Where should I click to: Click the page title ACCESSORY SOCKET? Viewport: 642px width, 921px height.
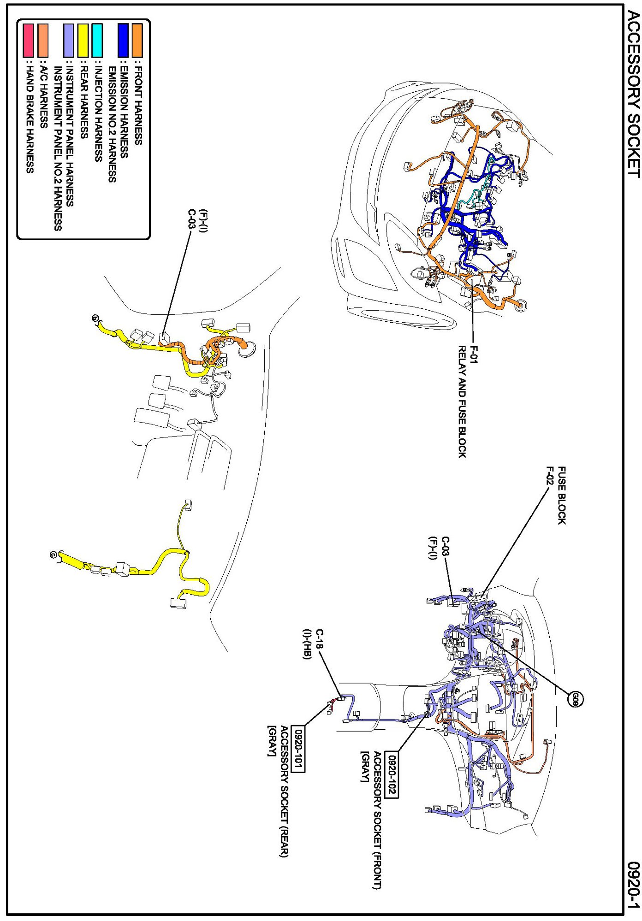point(634,94)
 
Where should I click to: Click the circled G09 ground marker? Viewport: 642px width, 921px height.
point(575,699)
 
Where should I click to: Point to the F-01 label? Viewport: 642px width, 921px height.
point(474,354)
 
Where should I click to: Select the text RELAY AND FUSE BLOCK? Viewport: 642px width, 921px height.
point(462,401)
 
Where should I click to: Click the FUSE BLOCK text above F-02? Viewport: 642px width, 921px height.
point(561,495)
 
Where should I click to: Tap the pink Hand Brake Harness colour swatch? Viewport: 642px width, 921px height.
point(29,41)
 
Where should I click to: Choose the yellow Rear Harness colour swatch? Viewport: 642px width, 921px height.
point(83,41)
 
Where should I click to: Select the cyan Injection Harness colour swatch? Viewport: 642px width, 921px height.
point(97,41)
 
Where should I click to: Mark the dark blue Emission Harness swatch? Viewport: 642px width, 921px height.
point(123,41)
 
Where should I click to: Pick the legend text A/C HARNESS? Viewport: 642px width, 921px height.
point(43,96)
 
